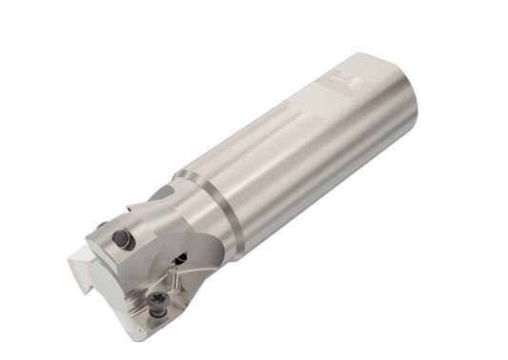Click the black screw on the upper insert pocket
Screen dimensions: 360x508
pyautogui.click(x=122, y=238)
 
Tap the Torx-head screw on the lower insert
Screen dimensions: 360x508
pyautogui.click(x=157, y=303)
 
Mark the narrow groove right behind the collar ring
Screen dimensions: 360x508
pyautogui.click(x=238, y=205)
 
